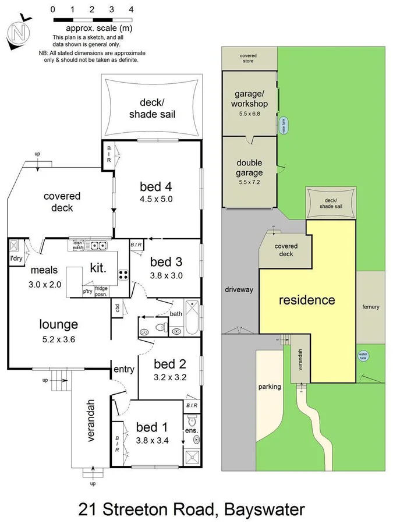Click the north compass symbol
click(x=19, y=33)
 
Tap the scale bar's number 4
click(x=131, y=9)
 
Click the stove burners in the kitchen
click(x=123, y=275)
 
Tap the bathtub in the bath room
click(x=191, y=318)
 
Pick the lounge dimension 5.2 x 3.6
click(x=59, y=339)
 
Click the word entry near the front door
click(x=123, y=369)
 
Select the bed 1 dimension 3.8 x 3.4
click(x=152, y=440)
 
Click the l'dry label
click(x=16, y=259)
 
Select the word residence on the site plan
click(x=307, y=300)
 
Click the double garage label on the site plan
click(x=250, y=168)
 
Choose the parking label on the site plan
click(x=269, y=386)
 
